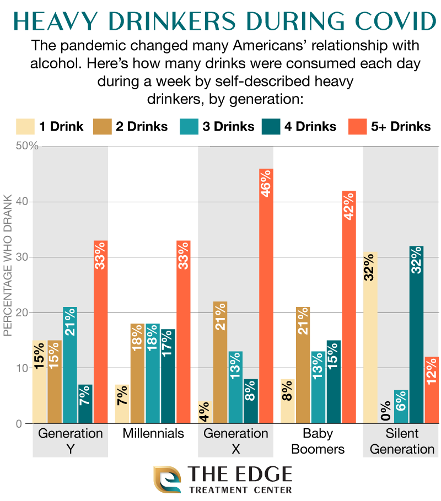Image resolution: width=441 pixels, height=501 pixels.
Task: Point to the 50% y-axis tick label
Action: coord(27,146)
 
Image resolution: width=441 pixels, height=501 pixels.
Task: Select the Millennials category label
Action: coord(153,433)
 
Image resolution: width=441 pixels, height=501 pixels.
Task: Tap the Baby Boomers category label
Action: coord(318,441)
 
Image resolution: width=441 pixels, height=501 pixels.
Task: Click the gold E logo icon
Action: coord(166,480)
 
